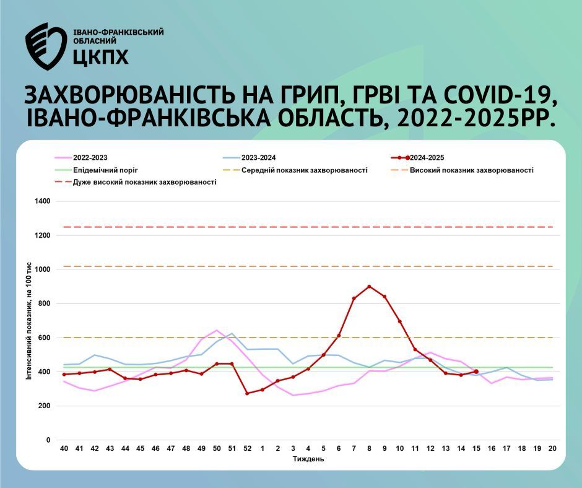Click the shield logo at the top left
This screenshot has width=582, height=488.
pos(46,46)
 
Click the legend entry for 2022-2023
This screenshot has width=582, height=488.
pos(81,157)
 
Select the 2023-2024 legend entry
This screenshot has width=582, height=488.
pos(250,157)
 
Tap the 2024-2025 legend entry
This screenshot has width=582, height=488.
pos(417,157)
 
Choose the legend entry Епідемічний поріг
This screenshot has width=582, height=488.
pos(97,170)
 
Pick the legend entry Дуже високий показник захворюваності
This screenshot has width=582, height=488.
pos(136,182)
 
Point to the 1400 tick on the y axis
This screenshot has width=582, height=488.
pos(42,201)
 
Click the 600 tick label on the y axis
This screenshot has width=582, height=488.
pos(44,338)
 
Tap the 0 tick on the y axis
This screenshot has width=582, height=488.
pos(48,440)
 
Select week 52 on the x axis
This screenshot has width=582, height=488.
pos(247,448)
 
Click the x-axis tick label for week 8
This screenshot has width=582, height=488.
pos(369,448)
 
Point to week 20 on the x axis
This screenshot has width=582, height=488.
pos(552,448)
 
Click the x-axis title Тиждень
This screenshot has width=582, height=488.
pos(308,459)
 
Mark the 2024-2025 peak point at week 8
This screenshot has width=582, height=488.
pos(369,286)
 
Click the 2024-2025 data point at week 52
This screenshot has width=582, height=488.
pos(247,393)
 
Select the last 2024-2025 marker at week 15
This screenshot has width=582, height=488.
pos(476,372)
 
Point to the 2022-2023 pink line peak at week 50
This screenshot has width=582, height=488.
pos(217,330)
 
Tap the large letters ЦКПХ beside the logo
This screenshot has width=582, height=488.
pos(100,56)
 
